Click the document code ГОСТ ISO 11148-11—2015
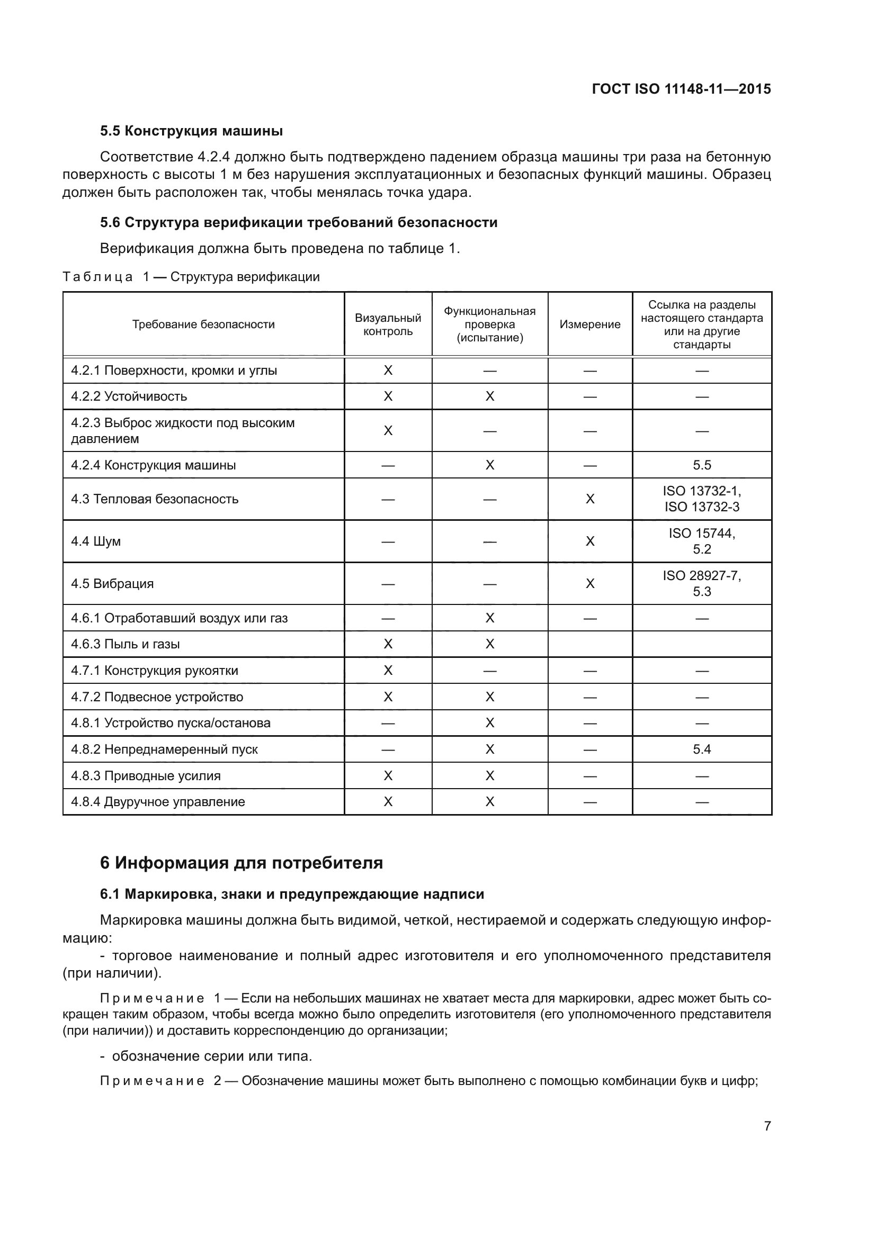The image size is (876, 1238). coord(681,89)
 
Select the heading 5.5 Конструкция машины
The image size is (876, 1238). coord(192,131)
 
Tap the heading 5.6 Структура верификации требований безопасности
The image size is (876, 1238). coord(298,222)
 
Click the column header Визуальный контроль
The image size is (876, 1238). coord(388,324)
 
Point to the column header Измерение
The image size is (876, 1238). coord(589,324)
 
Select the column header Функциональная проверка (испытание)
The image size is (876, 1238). coord(489,324)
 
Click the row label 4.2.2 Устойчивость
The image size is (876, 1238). coord(129,396)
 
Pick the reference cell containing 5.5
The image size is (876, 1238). coord(701,465)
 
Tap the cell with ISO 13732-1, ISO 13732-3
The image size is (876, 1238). coord(701,499)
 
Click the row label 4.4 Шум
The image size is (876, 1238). coord(96,541)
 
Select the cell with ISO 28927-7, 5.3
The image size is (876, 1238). coord(701,583)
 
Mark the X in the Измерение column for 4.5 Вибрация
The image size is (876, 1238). coord(589,583)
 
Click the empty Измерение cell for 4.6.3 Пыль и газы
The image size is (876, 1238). coord(589,644)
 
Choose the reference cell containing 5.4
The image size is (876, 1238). coord(701,749)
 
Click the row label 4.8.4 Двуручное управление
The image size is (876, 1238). coord(158,802)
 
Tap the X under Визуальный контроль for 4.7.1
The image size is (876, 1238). coord(388,670)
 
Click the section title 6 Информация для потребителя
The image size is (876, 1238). coord(241,863)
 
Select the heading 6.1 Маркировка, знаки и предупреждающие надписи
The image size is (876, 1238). coord(292,894)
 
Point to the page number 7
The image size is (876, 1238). coord(767,1126)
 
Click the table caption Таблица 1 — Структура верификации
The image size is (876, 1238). coord(192,277)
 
